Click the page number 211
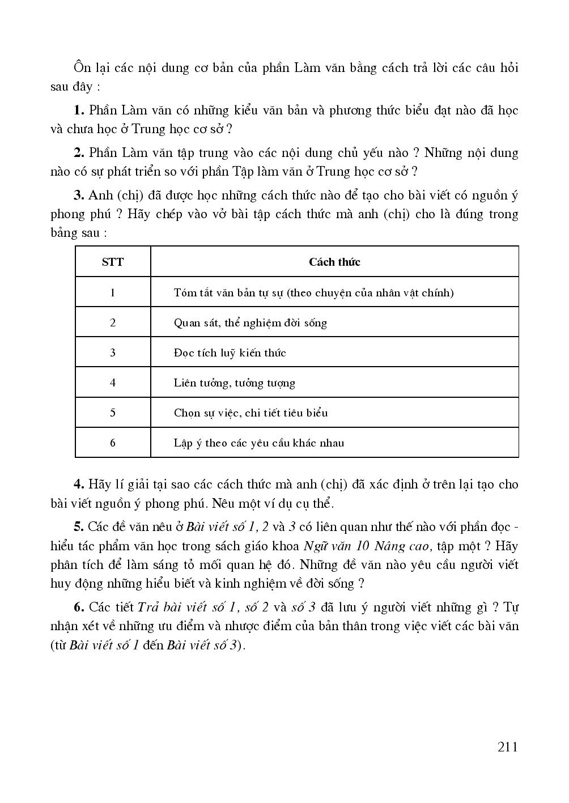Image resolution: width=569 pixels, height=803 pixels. pyautogui.click(x=507, y=747)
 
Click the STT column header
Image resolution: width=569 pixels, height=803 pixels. pyautogui.click(x=113, y=262)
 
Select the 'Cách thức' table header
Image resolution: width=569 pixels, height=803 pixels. pyautogui.click(x=334, y=262)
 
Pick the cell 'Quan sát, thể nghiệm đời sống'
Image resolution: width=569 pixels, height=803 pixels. pyautogui.click(x=250, y=322)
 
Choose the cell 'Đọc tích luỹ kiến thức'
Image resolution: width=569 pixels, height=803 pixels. pyautogui.click(x=230, y=352)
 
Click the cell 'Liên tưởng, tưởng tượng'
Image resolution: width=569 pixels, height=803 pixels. pyautogui.click(x=234, y=383)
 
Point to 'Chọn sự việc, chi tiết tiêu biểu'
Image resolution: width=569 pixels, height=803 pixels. pyautogui.click(x=250, y=413)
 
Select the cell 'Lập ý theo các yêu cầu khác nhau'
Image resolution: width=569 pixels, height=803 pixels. pyautogui.click(x=258, y=443)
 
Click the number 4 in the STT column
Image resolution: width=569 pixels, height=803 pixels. pyautogui.click(x=113, y=383)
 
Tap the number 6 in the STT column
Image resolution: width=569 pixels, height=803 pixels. pyautogui.click(x=113, y=443)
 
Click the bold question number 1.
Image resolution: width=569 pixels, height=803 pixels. pyautogui.click(x=79, y=111)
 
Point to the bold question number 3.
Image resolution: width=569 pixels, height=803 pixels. pyautogui.click(x=79, y=196)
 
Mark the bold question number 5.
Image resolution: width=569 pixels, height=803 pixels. pyautogui.click(x=79, y=527)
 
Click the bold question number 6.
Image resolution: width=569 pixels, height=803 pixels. pyautogui.click(x=79, y=607)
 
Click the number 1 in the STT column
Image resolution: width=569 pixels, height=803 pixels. pyautogui.click(x=113, y=292)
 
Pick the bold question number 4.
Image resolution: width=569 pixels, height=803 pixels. pyautogui.click(x=79, y=485)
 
